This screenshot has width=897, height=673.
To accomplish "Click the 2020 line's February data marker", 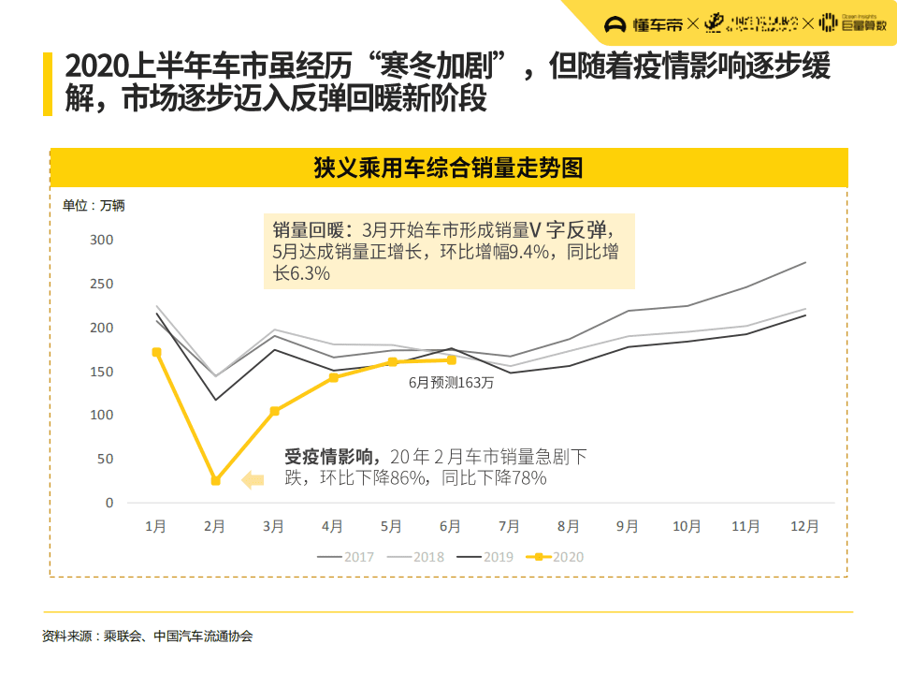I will pyautogui.click(x=215, y=480).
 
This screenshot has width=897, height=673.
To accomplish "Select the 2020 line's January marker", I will pyautogui.click(x=156, y=352).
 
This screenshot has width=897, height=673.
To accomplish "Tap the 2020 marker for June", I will pyautogui.click(x=451, y=359).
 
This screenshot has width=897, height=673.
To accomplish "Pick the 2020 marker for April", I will pyautogui.click(x=333, y=376).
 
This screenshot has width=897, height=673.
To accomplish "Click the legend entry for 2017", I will pyautogui.click(x=345, y=557).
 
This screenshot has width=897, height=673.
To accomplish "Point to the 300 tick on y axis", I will pyautogui.click(x=102, y=241).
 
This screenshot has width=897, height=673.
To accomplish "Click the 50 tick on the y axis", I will pyautogui.click(x=106, y=459).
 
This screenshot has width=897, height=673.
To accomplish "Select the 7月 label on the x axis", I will pyautogui.click(x=510, y=527).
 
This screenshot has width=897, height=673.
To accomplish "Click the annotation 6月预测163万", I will pyautogui.click(x=451, y=383).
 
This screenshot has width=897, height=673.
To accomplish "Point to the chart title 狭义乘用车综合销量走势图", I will pyautogui.click(x=448, y=168).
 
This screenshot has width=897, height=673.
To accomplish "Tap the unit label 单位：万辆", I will pyautogui.click(x=94, y=206).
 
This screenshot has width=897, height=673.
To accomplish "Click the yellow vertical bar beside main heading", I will pyautogui.click(x=47, y=83).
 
